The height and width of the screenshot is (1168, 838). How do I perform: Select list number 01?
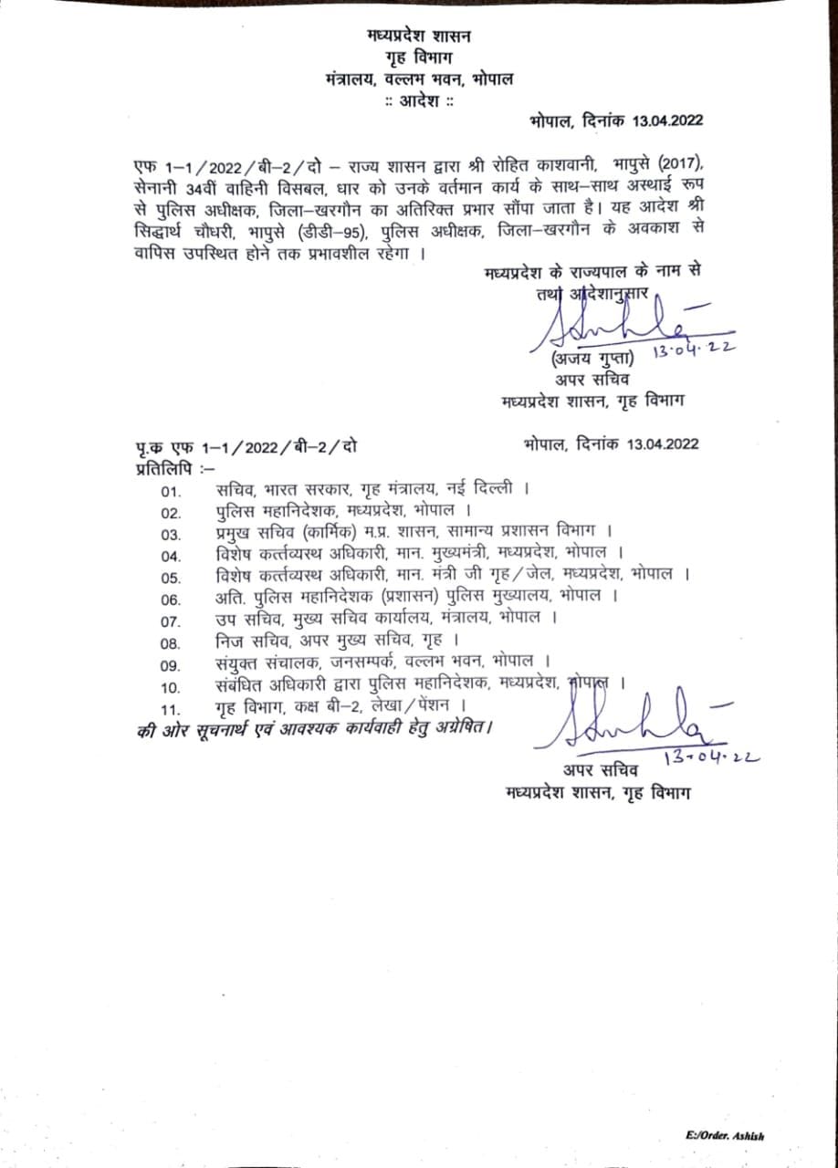click(x=172, y=493)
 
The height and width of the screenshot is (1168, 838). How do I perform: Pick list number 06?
click(x=172, y=600)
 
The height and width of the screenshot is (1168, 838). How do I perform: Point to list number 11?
click(x=172, y=708)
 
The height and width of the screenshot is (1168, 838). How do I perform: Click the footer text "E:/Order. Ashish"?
click(x=726, y=1135)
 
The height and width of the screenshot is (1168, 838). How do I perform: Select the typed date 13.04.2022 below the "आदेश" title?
click(x=656, y=120)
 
